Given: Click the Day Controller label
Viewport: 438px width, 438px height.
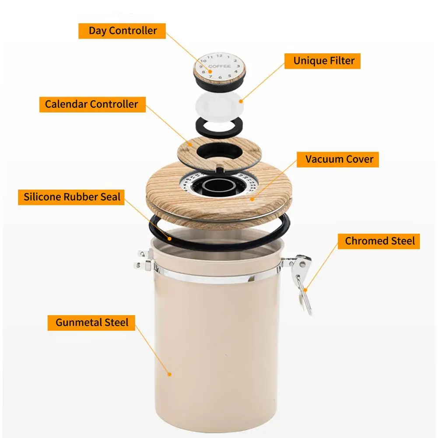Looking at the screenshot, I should click(123, 31).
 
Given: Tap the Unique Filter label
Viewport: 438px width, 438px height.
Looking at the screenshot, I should click(324, 60).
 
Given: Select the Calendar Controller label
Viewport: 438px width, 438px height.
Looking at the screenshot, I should click(91, 104).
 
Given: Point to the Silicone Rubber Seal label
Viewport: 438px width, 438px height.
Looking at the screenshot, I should click(72, 196).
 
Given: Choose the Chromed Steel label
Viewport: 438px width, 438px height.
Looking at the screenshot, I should click(379, 241).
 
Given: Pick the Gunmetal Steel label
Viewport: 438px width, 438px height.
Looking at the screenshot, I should click(92, 322).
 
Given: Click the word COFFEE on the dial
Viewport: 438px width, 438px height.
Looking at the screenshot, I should click(219, 67).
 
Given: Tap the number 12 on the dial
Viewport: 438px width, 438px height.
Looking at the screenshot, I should click(219, 56).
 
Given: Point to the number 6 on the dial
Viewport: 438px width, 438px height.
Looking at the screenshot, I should click(219, 77).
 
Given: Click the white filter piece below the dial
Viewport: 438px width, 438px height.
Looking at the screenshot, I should click(219, 104).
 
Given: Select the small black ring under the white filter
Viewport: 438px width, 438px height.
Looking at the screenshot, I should click(218, 127).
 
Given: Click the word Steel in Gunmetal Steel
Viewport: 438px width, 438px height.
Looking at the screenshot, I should click(116, 322).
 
